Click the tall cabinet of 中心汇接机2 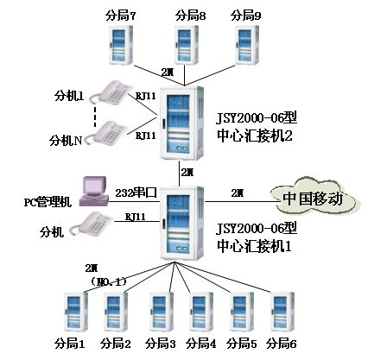pos(181,121)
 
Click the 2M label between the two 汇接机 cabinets pos(187,174)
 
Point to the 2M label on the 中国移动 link pos(238,192)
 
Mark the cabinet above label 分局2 pos(115,313)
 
